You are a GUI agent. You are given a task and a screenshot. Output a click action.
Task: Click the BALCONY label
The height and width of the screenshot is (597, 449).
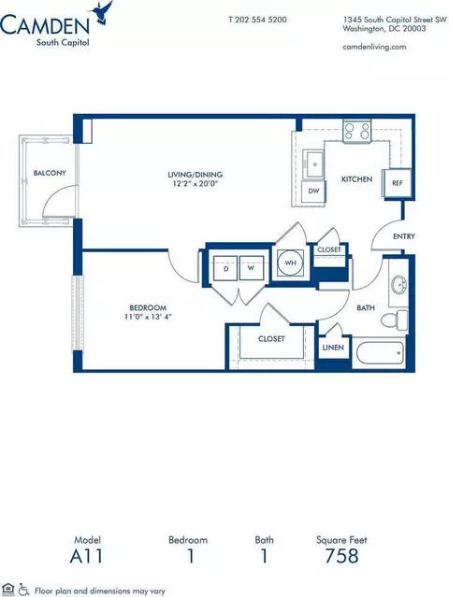pos(48,174)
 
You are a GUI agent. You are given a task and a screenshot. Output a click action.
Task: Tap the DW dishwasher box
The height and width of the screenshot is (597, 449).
pos(313,190)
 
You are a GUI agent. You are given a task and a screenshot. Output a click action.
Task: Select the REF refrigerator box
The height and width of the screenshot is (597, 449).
pos(397,184)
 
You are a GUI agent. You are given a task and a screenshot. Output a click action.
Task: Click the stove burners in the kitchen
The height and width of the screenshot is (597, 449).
pos(356,132)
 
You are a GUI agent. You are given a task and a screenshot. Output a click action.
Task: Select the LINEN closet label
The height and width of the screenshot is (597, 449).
pos(333,347)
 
